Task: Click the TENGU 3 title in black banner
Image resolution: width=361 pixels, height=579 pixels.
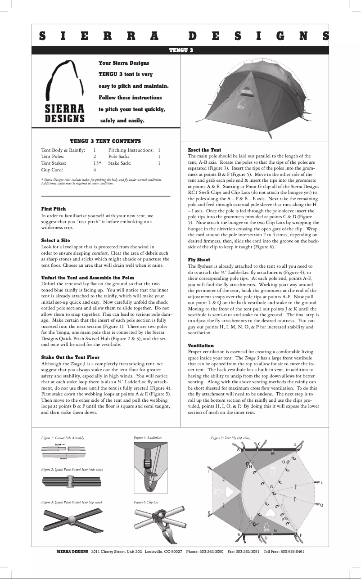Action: [x=180, y=50]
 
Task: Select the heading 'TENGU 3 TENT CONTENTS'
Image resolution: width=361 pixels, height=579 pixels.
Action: [x=105, y=141]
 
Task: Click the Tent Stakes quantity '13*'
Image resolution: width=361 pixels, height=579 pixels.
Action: [x=97, y=163]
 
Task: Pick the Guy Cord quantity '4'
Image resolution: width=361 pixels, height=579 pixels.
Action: [x=95, y=171]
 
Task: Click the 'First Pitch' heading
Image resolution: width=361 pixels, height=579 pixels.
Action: [x=54, y=209]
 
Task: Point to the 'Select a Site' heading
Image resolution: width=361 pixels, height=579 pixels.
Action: [x=55, y=240]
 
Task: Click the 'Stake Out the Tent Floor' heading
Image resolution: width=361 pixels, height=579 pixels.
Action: [x=70, y=357]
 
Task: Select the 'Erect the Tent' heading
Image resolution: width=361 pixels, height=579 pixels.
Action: [x=204, y=150]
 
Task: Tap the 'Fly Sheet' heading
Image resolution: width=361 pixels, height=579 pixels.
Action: [x=199, y=260]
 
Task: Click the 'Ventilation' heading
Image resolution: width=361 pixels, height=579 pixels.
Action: [x=201, y=345]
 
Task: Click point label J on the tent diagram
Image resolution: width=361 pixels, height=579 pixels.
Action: [x=208, y=471]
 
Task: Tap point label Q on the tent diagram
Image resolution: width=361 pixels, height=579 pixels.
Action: [x=321, y=504]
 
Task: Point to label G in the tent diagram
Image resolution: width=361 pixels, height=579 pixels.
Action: [x=271, y=487]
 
